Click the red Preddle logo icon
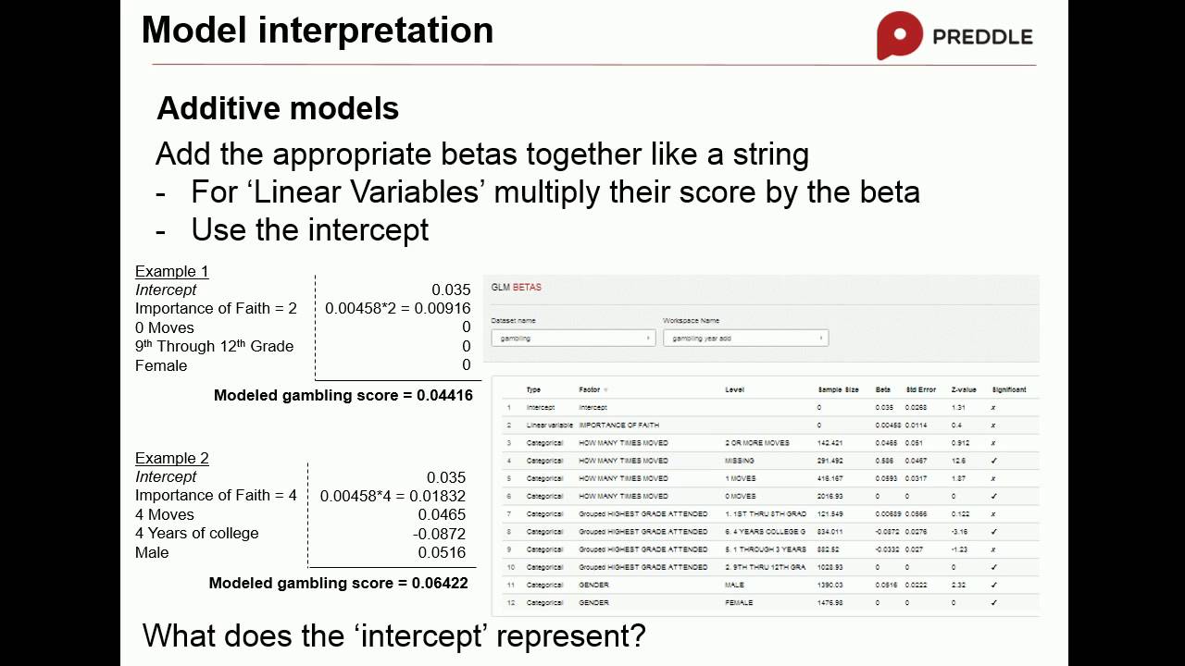pyautogui.click(x=899, y=35)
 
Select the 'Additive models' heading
pyautogui.click(x=278, y=108)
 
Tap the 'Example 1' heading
pyautogui.click(x=171, y=271)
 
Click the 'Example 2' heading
pyautogui.click(x=171, y=458)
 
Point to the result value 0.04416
pyautogui.click(x=444, y=395)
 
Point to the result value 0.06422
pyautogui.click(x=440, y=583)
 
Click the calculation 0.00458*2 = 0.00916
pyautogui.click(x=397, y=308)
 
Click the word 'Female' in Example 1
pyautogui.click(x=161, y=365)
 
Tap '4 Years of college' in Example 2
pyautogui.click(x=196, y=533)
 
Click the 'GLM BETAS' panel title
pyautogui.click(x=516, y=287)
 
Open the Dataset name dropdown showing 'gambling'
pyautogui.click(x=573, y=339)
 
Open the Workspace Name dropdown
pyautogui.click(x=745, y=339)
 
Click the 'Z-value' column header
pyautogui.click(x=963, y=389)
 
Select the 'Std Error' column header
pyautogui.click(x=920, y=389)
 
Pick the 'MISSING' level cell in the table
pyautogui.click(x=739, y=461)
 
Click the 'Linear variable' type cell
pyautogui.click(x=549, y=425)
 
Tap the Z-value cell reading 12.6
pyautogui.click(x=959, y=461)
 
